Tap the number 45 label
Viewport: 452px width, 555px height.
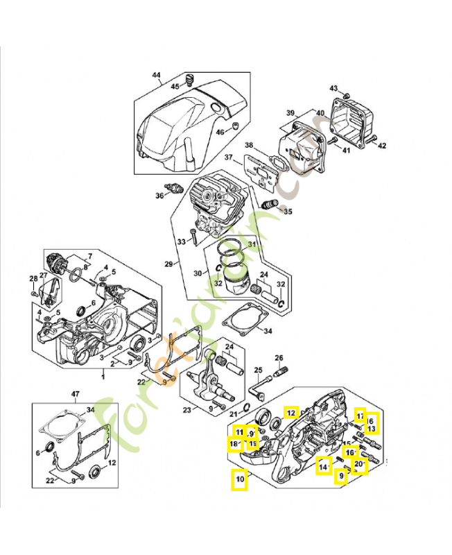175,87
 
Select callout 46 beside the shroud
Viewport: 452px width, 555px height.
220,133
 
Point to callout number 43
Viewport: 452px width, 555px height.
333,89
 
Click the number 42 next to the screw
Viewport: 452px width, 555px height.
382,146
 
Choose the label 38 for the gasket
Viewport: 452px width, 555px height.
249,146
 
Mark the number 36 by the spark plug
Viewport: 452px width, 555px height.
159,196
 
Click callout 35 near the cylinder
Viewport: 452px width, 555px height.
288,212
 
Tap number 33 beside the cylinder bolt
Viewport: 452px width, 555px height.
182,241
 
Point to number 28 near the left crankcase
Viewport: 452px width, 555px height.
32,279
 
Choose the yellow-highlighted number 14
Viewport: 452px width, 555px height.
323,467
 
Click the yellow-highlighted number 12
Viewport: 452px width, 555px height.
292,413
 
